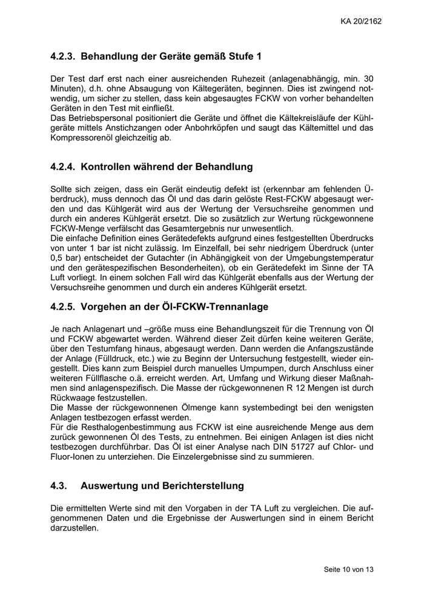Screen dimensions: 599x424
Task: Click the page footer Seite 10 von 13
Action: (349, 570)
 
